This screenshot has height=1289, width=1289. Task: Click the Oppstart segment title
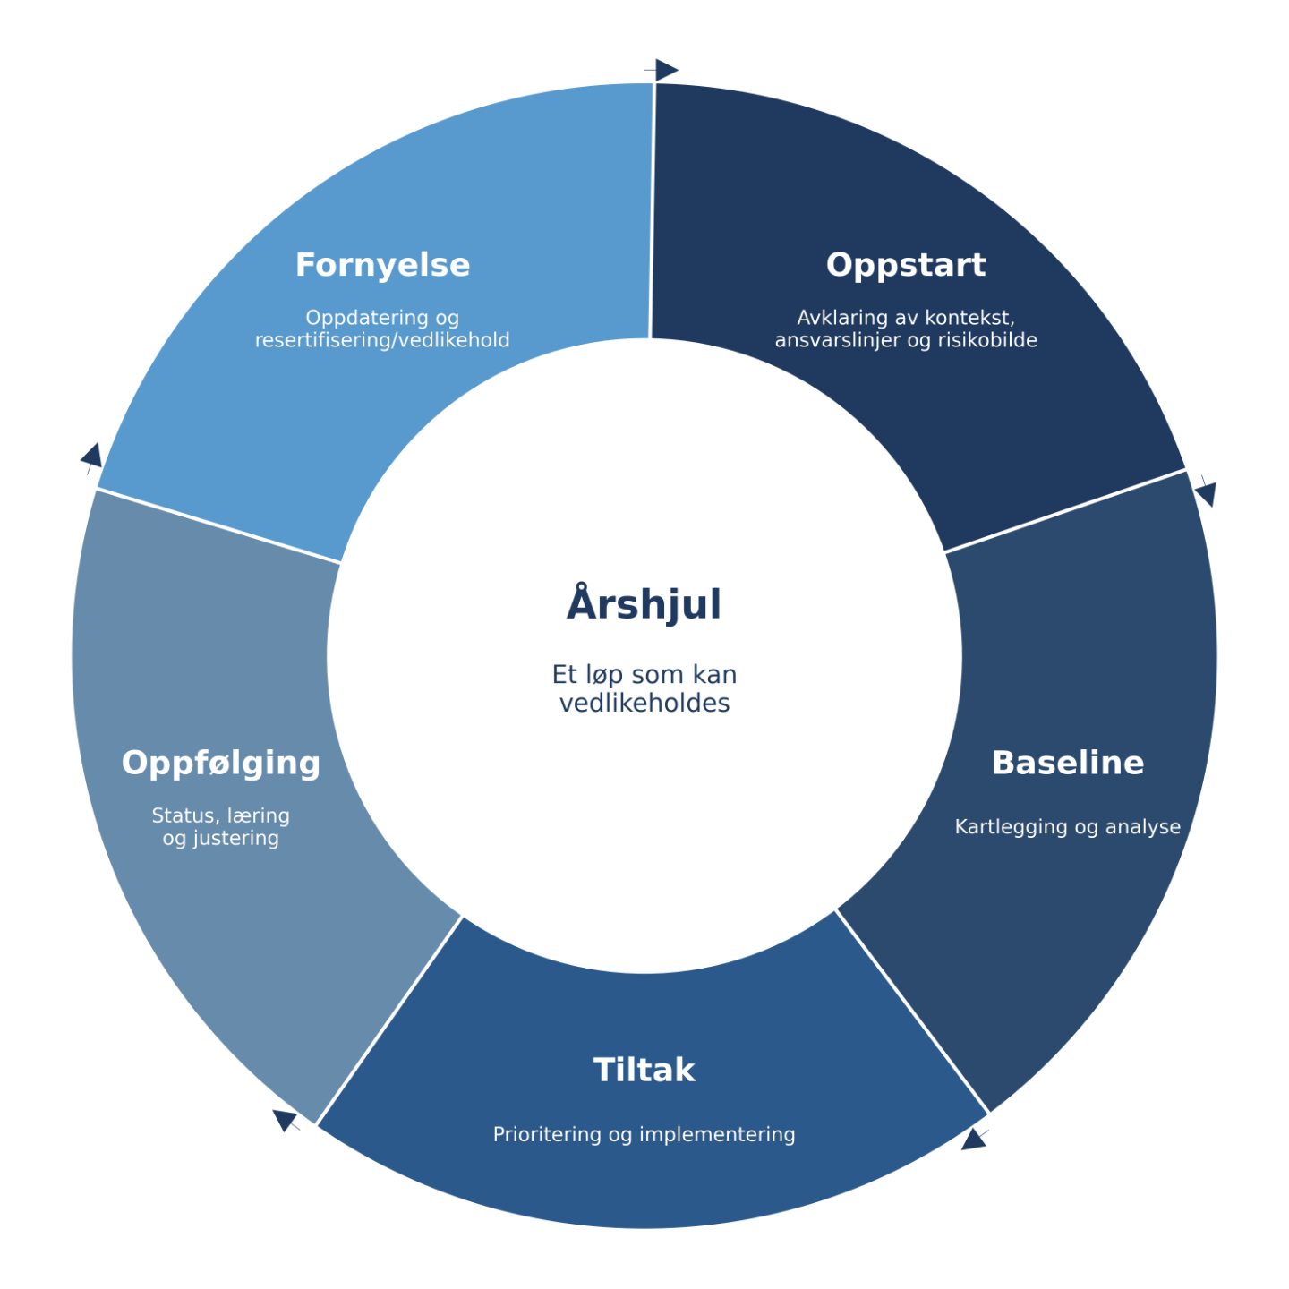tap(905, 265)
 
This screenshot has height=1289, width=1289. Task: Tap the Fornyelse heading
tap(382, 265)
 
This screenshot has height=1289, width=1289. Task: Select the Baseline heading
tap(1067, 763)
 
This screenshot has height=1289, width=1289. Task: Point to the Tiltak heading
tap(644, 1070)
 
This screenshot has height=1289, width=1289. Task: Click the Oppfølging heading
tap(221, 763)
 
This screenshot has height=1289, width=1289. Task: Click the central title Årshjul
tap(644, 604)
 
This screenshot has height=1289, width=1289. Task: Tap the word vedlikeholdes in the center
tap(644, 704)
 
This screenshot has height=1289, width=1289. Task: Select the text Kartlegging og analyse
tap(1067, 827)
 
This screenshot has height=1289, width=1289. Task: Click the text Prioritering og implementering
tap(644, 1134)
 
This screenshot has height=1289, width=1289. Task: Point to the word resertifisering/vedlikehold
tap(382, 340)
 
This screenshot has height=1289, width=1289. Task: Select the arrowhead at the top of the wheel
tap(665, 69)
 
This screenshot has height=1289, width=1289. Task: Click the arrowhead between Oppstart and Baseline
tap(1207, 492)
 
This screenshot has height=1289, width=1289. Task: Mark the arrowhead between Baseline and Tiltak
tap(974, 1140)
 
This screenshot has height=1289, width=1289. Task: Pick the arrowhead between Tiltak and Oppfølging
tap(285, 1119)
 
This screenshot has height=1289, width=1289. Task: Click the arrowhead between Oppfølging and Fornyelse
tap(92, 456)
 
